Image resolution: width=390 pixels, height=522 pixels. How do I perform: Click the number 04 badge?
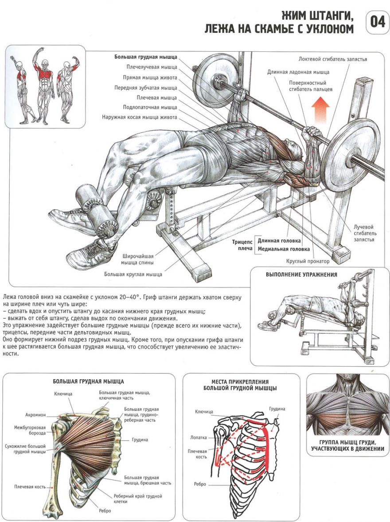point(377,23)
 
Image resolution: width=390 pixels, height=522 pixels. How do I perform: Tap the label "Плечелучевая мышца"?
point(152,67)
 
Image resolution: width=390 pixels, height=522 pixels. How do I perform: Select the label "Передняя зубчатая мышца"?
point(146,88)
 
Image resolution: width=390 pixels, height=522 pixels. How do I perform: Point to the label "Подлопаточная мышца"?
point(150,108)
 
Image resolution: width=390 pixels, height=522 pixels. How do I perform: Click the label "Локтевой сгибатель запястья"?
point(333,59)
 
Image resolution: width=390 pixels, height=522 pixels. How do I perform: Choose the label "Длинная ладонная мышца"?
point(298,72)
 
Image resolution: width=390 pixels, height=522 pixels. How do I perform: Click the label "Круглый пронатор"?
point(308,261)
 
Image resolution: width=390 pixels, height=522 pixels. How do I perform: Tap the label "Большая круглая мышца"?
point(133,275)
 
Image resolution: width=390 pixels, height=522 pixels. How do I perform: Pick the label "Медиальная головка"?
point(283,249)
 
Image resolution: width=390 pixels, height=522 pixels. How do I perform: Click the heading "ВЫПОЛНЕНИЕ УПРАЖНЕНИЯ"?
point(301,275)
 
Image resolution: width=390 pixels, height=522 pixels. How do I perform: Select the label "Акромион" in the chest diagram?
point(35,415)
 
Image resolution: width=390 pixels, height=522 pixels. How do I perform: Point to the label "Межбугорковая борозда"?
point(30,430)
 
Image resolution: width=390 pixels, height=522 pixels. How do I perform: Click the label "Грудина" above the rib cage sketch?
point(277,409)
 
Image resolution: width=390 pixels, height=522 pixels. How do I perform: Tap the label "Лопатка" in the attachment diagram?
point(199,437)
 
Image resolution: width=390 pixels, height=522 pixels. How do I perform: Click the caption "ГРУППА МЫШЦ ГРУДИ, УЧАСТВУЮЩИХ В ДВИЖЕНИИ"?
point(347,445)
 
